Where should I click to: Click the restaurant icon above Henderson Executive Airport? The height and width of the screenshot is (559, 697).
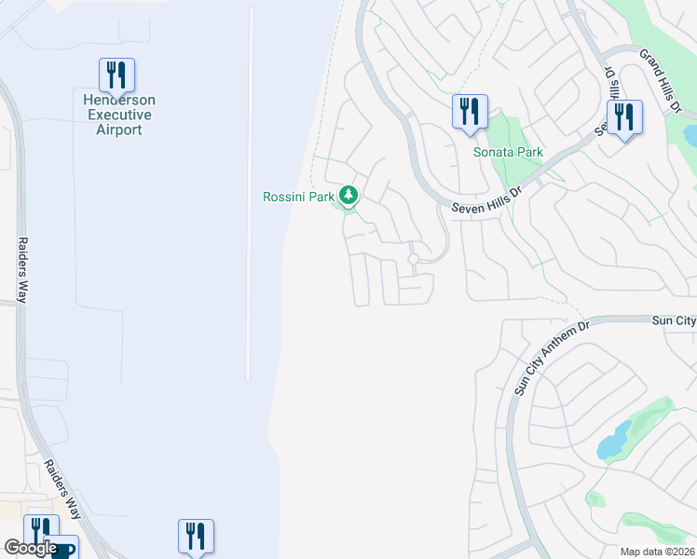click(x=117, y=74)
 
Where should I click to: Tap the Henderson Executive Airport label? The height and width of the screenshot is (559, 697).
click(x=119, y=115)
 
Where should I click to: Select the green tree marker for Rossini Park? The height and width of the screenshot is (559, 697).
click(x=348, y=195)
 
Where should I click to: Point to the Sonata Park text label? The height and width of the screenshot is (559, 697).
click(x=508, y=152)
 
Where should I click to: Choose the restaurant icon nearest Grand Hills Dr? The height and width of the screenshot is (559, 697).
click(x=623, y=117)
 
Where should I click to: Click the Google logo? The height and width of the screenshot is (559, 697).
click(x=31, y=548)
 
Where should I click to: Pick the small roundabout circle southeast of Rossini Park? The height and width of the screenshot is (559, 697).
click(x=413, y=259)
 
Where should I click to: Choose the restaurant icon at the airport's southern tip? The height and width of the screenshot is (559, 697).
click(x=196, y=536)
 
